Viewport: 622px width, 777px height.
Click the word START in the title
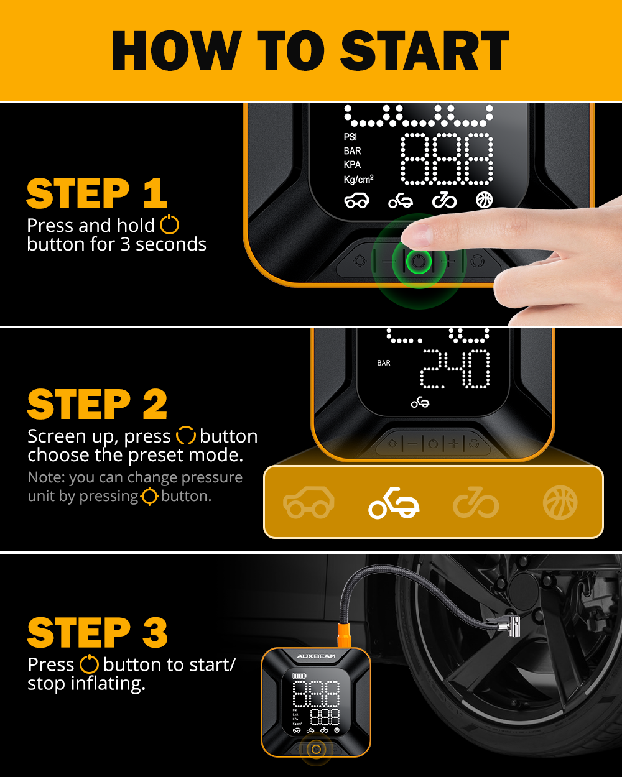coord(425,50)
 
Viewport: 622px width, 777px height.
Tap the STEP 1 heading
coord(97,193)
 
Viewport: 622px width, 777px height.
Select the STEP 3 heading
coord(98,632)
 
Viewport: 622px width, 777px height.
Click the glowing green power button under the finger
coord(419,261)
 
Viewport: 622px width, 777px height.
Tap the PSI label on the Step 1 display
coord(350,137)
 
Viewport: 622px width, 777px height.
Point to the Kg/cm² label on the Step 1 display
coord(358,179)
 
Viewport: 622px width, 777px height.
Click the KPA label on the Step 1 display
coord(353,165)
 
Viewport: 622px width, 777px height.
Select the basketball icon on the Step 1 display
coord(485,200)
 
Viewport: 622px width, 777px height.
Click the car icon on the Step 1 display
coord(357,201)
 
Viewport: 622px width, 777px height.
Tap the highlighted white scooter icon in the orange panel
coord(394,503)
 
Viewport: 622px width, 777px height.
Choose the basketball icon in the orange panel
coord(560,502)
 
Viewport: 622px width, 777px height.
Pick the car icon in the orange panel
coord(309,502)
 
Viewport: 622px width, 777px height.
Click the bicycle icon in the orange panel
coord(476,502)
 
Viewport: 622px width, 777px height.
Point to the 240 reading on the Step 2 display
coord(455,369)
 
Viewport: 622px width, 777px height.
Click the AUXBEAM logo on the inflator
coord(316,656)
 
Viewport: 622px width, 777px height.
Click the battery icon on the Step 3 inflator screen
coord(299,676)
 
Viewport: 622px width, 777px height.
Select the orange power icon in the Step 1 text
coord(170,224)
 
